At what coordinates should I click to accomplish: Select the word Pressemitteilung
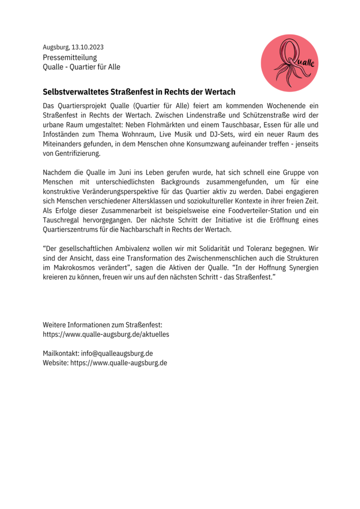(70, 58)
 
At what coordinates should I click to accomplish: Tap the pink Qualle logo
(290, 63)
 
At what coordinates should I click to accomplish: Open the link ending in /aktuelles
(106, 334)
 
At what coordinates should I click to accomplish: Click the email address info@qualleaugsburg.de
(117, 353)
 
